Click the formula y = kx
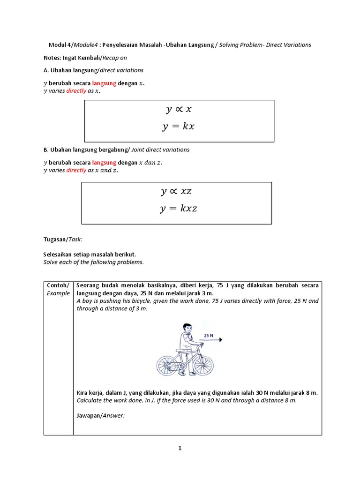pyautogui.click(x=179, y=127)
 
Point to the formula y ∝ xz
pyautogui.click(x=176, y=191)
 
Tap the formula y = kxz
pyautogui.click(x=178, y=209)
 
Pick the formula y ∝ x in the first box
pyautogui.click(x=179, y=110)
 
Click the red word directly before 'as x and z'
pyautogui.click(x=76, y=170)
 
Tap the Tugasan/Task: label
pyautogui.click(x=63, y=239)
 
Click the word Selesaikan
pyautogui.click(x=60, y=254)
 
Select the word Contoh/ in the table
pyautogui.click(x=58, y=285)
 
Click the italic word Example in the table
pyautogui.click(x=58, y=293)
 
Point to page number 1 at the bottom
pyautogui.click(x=180, y=449)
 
